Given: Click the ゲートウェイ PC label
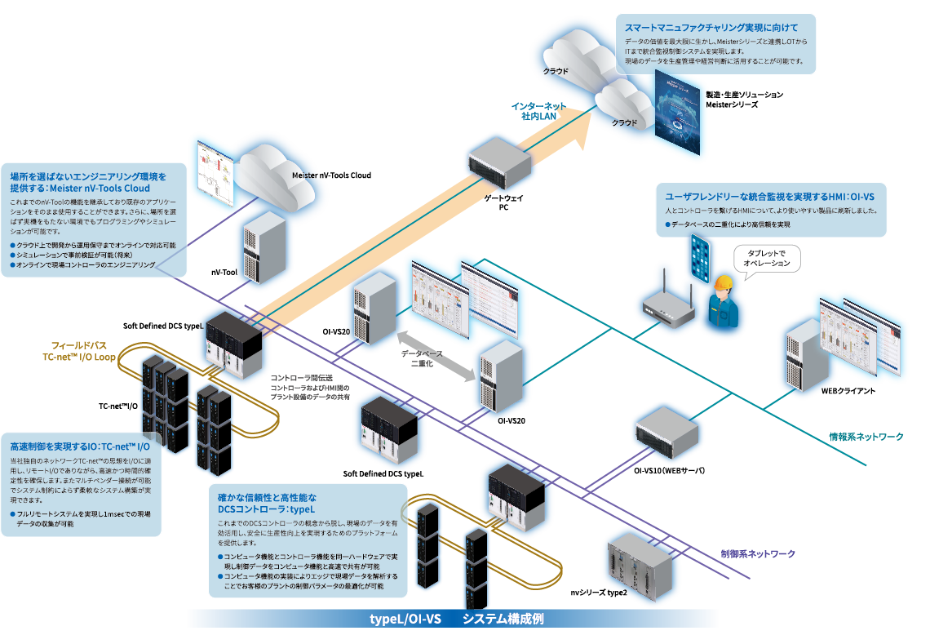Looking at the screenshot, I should click(510, 203).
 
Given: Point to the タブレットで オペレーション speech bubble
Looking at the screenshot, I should click(768, 258).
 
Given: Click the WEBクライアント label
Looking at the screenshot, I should click(848, 391).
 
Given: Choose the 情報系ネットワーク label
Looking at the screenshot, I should click(866, 437).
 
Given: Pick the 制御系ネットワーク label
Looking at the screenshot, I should click(758, 553).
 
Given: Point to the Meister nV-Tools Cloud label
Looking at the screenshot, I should click(331, 175).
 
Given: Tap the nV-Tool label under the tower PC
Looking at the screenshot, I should click(224, 272).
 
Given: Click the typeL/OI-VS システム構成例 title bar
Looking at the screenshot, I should click(453, 619).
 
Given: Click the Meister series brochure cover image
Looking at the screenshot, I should click(677, 114).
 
